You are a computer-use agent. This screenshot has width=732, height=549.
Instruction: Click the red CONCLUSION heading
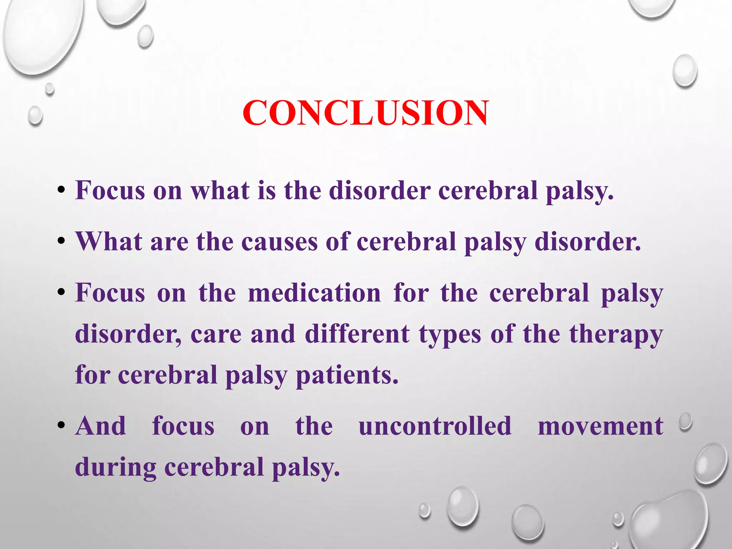tap(365, 113)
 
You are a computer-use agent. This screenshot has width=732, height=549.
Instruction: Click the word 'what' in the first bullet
tap(220, 191)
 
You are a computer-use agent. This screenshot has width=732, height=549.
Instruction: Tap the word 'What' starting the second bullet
tap(109, 242)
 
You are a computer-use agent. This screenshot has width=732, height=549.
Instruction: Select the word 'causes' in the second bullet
tap(279, 242)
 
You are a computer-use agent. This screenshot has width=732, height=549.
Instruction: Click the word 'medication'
tap(314, 293)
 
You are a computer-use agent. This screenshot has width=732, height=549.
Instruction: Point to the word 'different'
tap(357, 334)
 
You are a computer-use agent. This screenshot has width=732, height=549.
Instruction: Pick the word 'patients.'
tap(347, 375)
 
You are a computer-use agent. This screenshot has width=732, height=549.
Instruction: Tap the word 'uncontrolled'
tap(435, 426)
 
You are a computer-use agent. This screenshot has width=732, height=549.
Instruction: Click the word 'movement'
tap(600, 426)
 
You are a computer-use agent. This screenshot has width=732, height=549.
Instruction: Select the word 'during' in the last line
tap(115, 468)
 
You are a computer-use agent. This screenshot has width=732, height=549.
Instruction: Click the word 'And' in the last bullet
tap(101, 426)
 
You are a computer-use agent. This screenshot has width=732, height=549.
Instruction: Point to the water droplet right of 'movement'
tap(686, 422)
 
